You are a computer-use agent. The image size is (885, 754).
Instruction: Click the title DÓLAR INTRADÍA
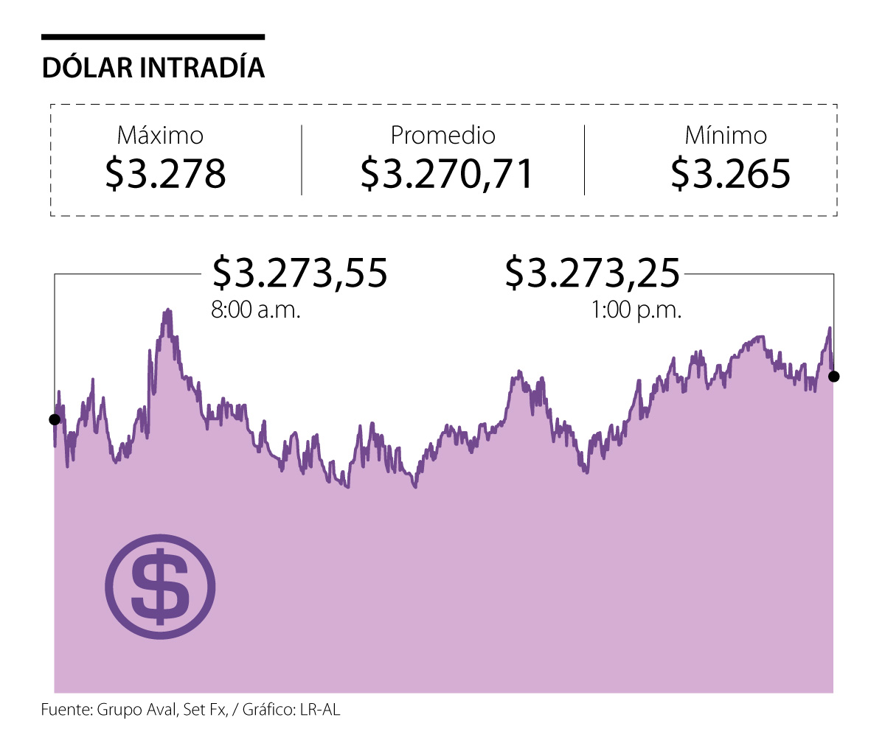click(x=153, y=68)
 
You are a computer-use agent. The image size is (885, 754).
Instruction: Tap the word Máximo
click(x=160, y=136)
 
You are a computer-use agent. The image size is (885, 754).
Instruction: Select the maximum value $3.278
click(x=165, y=173)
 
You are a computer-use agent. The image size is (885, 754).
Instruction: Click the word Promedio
click(x=442, y=136)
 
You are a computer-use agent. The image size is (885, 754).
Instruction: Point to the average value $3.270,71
click(x=447, y=173)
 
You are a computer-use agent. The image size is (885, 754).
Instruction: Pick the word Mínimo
click(x=726, y=136)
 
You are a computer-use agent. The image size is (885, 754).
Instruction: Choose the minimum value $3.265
click(x=730, y=173)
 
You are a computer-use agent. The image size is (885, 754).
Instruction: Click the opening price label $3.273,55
click(x=299, y=273)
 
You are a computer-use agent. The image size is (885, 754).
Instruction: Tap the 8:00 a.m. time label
click(x=256, y=310)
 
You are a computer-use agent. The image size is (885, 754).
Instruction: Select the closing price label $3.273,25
click(x=592, y=273)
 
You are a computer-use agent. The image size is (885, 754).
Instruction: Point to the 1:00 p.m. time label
click(x=636, y=310)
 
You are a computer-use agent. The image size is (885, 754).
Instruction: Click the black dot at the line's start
click(x=54, y=419)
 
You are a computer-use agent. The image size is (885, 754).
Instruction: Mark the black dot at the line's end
click(x=834, y=377)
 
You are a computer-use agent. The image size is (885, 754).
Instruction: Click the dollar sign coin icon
click(x=160, y=586)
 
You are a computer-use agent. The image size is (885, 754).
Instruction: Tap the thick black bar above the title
click(x=153, y=36)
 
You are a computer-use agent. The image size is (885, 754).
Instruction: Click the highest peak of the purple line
click(x=168, y=311)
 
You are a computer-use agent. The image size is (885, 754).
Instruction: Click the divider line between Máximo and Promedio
click(x=302, y=160)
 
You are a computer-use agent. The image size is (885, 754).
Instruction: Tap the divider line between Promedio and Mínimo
click(x=584, y=160)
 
